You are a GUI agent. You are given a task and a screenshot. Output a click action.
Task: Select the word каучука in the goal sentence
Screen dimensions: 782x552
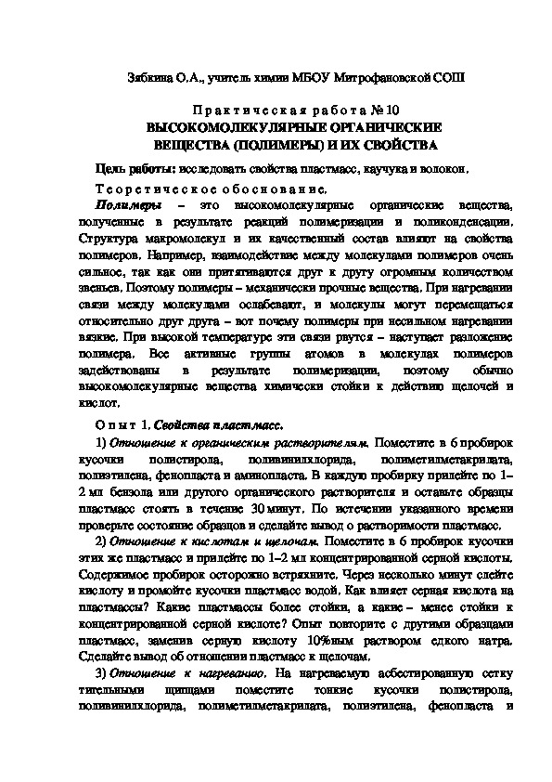(x=360, y=168)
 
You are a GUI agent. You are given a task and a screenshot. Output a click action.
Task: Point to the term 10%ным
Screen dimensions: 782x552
(x=333, y=642)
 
